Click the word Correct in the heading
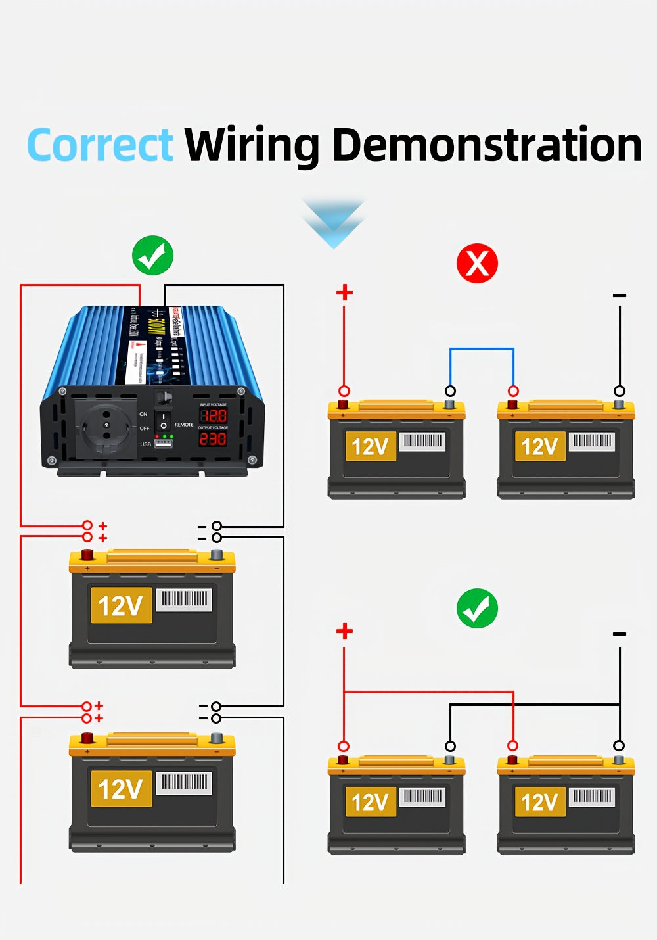click(x=100, y=145)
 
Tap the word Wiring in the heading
click(x=252, y=145)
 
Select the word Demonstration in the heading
click(x=487, y=145)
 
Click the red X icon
click(x=477, y=264)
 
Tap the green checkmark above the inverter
click(x=152, y=256)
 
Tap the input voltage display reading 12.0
click(x=214, y=415)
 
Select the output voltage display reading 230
click(x=214, y=438)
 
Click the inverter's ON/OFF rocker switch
click(x=164, y=421)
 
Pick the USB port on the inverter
click(x=164, y=444)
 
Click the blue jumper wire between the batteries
click(x=482, y=350)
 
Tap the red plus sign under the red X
click(x=344, y=293)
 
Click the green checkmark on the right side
click(x=477, y=608)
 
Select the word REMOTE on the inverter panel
click(x=184, y=425)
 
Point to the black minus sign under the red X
click(x=620, y=296)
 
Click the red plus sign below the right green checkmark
click(x=344, y=632)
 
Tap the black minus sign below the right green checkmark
click(x=620, y=634)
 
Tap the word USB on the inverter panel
click(x=145, y=444)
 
